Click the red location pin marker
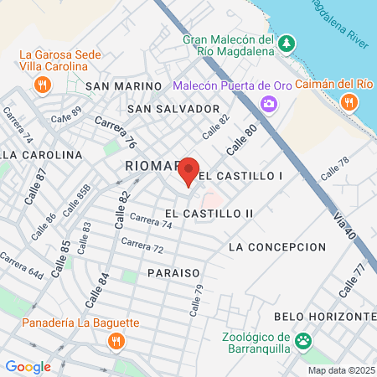188,170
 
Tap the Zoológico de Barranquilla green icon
302,342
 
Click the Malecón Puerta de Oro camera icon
269,104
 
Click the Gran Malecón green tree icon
287,42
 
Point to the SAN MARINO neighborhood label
123,86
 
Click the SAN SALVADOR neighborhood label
173,109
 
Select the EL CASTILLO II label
209,214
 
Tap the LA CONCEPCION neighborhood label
276,247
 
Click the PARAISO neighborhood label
173,273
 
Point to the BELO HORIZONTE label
326,316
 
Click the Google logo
28,366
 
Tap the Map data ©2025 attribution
341,370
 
